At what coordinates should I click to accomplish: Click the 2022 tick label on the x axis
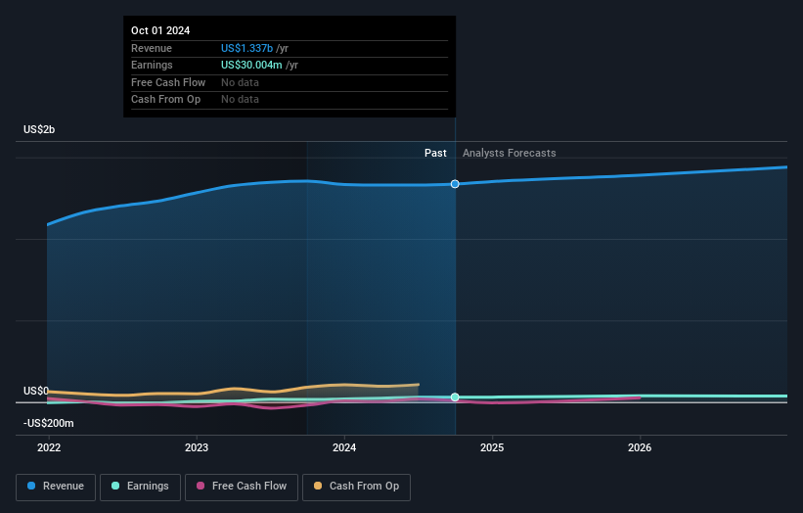[x=49, y=447]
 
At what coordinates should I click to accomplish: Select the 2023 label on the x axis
[x=197, y=447]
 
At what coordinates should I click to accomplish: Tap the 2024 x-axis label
[x=344, y=447]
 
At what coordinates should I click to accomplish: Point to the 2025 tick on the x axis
[x=492, y=447]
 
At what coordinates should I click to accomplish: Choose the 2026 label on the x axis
[x=640, y=447]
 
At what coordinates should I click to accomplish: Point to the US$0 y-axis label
[x=36, y=391]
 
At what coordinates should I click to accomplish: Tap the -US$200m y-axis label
[x=49, y=423]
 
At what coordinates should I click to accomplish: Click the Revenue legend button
[x=56, y=486]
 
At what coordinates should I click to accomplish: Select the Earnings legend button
[x=139, y=486]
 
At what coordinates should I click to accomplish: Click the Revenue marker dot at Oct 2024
[x=455, y=184]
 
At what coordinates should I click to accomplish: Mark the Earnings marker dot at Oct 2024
[x=455, y=396]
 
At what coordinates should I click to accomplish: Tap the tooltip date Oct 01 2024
[x=160, y=30]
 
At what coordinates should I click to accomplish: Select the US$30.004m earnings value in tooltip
[x=252, y=66]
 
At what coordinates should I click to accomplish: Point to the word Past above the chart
[x=435, y=153]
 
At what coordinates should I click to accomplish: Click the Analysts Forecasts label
[x=509, y=153]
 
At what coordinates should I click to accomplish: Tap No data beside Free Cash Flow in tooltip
[x=240, y=82]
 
